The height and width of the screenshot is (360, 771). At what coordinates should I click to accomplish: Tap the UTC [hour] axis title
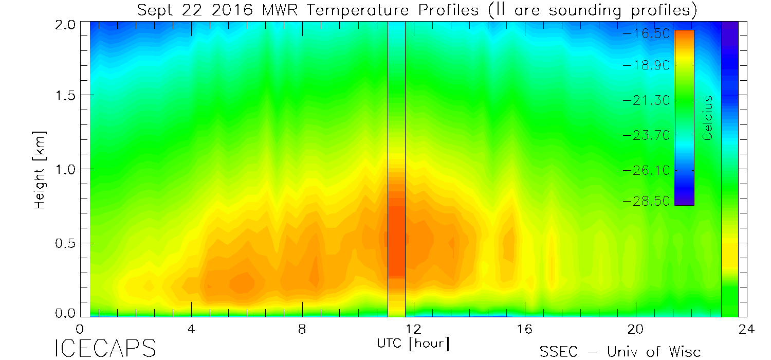click(413, 343)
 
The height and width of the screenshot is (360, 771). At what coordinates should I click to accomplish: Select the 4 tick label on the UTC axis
click(191, 329)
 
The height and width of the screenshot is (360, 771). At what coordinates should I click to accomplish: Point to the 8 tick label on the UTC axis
click(302, 329)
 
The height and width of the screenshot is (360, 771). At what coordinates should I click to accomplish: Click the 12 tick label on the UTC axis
click(413, 329)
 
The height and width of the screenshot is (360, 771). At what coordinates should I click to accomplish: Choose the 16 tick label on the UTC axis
click(524, 329)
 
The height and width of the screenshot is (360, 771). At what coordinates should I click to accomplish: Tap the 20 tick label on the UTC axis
click(636, 329)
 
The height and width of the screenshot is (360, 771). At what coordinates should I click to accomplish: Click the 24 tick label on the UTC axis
click(747, 329)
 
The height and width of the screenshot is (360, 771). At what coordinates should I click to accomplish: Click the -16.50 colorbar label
click(647, 33)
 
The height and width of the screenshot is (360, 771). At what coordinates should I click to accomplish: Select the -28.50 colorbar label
click(647, 201)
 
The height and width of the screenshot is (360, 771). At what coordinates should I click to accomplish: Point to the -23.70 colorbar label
click(647, 135)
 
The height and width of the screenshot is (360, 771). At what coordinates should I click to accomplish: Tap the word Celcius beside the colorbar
click(708, 118)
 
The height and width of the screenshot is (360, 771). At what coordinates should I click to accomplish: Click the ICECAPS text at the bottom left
click(105, 349)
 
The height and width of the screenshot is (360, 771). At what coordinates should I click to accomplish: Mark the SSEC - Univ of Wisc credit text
click(620, 352)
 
